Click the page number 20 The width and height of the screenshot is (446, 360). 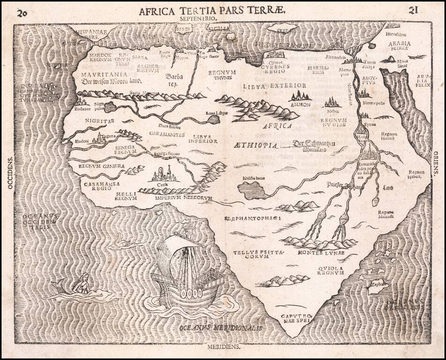[21, 12]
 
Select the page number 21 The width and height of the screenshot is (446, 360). [413, 10]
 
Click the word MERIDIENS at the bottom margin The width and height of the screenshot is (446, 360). [223, 347]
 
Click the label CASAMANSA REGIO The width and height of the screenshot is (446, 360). [97, 187]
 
